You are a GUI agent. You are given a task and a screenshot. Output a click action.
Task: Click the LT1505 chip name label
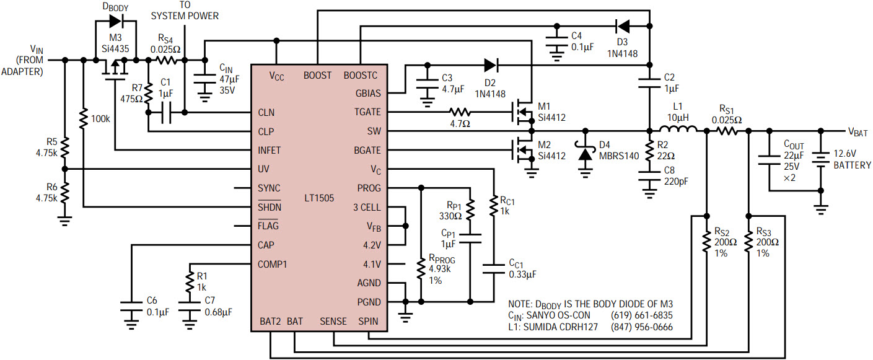pos(318,198)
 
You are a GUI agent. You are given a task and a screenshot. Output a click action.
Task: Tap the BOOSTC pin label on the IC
pos(360,76)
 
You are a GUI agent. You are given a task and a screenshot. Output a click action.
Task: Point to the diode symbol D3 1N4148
pos(623,26)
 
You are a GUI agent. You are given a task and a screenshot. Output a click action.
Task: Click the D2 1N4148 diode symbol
pos(491,64)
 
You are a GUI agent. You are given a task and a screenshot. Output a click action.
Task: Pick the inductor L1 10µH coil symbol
pos(677,131)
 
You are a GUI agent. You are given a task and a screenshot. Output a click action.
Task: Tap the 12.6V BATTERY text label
pos(851,160)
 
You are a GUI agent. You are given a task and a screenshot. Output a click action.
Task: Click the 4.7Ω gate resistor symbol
pos(460,112)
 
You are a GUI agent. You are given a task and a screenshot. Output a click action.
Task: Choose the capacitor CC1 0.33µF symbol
pos(494,268)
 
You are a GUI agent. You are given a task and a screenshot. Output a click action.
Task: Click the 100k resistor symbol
pos(82,116)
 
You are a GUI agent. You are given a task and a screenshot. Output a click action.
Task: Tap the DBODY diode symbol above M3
pos(115,21)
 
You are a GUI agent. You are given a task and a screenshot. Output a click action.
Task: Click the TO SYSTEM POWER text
pos(185,11)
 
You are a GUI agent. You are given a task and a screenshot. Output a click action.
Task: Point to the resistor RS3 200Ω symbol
pos(749,241)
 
